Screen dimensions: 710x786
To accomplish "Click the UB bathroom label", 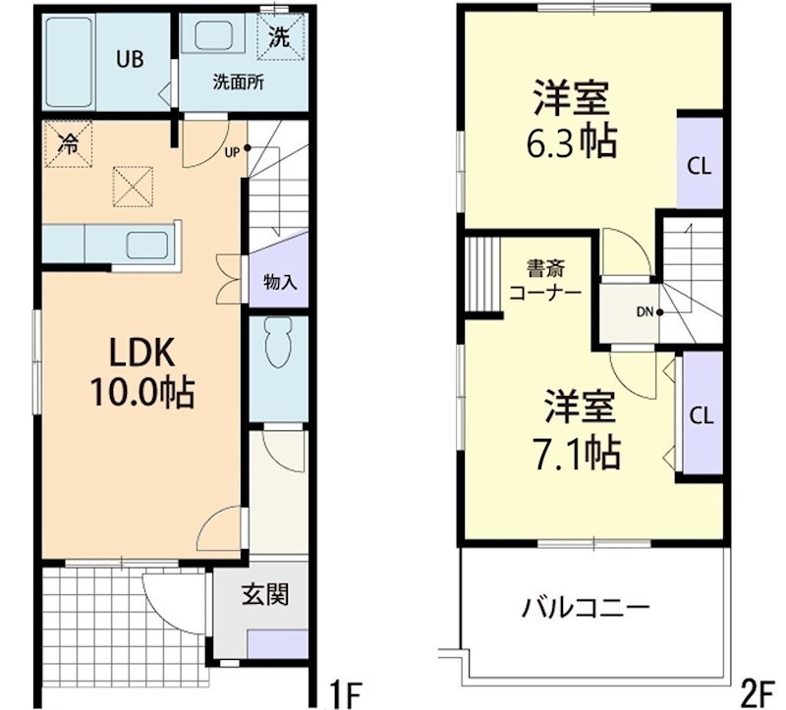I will (130, 58).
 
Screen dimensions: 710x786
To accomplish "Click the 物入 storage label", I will (280, 282).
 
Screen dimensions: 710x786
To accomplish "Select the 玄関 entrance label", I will (265, 595).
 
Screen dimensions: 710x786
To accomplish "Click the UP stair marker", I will (233, 151).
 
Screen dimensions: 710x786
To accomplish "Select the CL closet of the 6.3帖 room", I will (700, 165).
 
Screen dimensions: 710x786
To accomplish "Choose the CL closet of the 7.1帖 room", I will (701, 414).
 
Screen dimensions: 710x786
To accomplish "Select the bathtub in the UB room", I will (69, 59).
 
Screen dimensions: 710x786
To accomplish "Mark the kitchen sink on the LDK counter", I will (149, 244).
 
